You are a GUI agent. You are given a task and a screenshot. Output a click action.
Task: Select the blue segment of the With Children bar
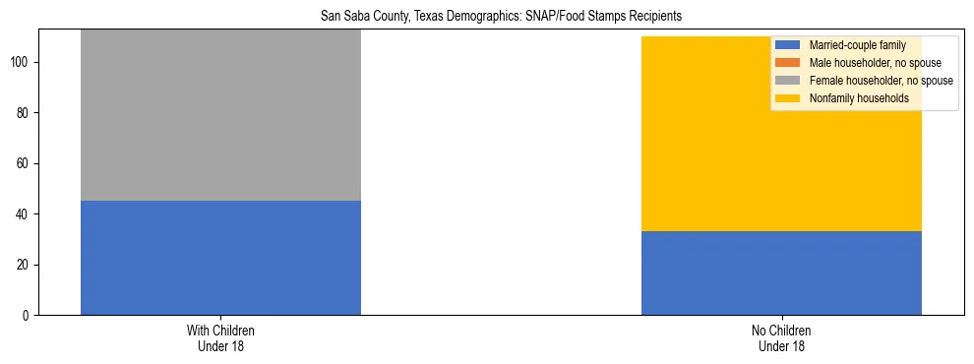pyautogui.click(x=220, y=258)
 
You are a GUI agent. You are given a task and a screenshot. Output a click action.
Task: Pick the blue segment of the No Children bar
pyautogui.click(x=781, y=273)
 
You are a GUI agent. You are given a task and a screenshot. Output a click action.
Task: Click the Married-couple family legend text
pyautogui.click(x=857, y=45)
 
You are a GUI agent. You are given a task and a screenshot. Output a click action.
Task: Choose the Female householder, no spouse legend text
pyautogui.click(x=881, y=81)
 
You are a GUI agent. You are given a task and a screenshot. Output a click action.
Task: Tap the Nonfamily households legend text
pyautogui.click(x=859, y=98)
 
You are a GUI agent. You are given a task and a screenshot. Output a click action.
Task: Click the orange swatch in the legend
pyautogui.click(x=788, y=63)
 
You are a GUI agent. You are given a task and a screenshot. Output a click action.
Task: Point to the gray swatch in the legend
pyautogui.click(x=788, y=81)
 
